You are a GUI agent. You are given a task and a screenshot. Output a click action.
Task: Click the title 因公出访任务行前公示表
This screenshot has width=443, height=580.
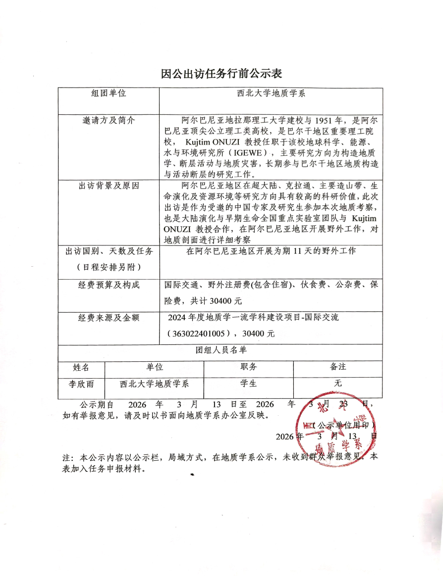point(221,74)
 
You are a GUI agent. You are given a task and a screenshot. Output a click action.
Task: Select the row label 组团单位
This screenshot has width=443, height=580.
point(109,94)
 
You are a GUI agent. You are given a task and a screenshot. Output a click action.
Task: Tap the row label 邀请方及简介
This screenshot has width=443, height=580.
point(109,120)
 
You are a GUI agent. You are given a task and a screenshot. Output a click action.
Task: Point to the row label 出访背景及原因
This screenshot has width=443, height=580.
point(109,186)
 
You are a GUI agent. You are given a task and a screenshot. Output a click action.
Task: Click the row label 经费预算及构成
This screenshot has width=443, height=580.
point(109,285)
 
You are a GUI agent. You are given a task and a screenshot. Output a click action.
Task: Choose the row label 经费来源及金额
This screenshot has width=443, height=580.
point(109,318)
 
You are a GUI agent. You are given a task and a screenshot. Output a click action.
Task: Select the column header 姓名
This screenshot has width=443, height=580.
point(81,367)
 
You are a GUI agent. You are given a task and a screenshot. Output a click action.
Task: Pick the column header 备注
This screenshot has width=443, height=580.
point(338,367)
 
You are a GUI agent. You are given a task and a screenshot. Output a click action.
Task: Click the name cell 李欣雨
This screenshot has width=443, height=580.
point(81,384)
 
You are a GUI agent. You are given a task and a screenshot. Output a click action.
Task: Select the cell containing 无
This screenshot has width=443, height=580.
point(338,384)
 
